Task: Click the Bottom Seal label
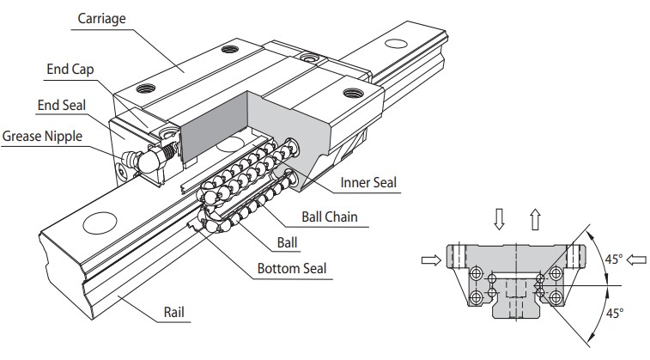point(293,269)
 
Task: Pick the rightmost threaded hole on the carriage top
point(349,91)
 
